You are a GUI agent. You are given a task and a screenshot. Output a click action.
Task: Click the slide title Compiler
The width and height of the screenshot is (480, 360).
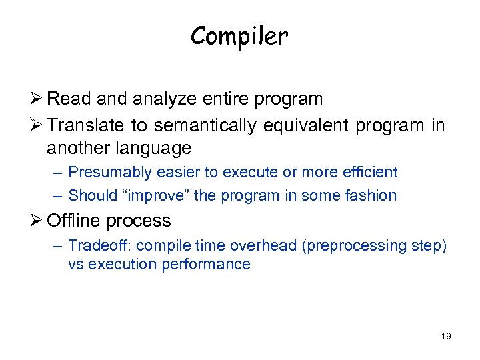(239, 36)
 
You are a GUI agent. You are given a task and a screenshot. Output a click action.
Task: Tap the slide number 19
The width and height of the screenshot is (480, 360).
(445, 336)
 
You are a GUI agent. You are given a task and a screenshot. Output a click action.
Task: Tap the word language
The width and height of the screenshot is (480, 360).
(154, 147)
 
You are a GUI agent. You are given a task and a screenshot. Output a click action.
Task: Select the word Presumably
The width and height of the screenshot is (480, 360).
(110, 172)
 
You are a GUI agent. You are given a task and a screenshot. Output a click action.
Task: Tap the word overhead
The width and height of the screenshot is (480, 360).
(266, 245)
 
